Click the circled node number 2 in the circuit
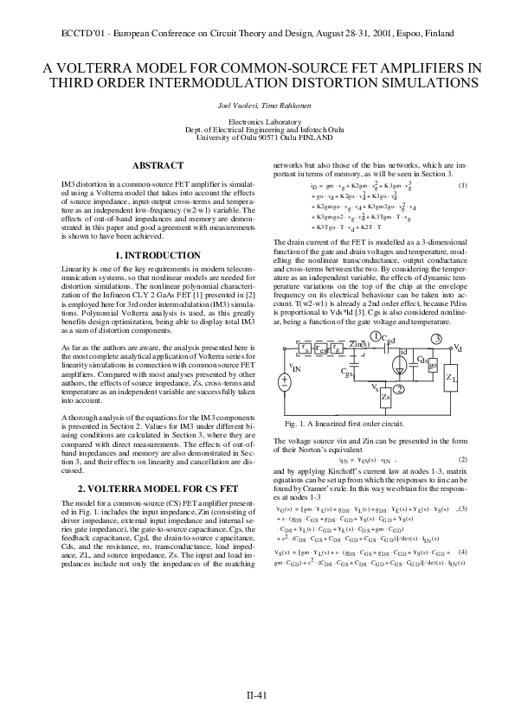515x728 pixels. tap(398, 389)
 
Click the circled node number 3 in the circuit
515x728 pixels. tap(437, 337)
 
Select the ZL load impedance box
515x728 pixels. tap(451, 378)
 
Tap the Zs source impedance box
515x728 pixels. tap(385, 398)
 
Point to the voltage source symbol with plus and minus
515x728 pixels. tap(284, 380)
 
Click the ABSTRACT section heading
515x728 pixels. tap(158, 165)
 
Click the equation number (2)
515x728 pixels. tap(462, 458)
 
